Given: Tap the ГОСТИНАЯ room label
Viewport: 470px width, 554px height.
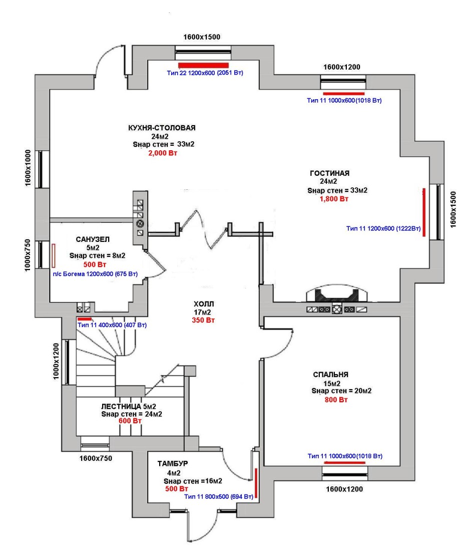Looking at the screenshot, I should [x=329, y=173].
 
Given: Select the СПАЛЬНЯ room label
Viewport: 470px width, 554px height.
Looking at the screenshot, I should [x=330, y=374].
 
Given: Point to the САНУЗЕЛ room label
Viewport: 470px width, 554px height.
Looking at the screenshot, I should [x=93, y=239].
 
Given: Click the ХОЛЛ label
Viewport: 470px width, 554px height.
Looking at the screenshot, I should [x=204, y=304].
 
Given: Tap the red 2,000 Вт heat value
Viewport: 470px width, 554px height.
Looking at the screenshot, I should [x=162, y=153].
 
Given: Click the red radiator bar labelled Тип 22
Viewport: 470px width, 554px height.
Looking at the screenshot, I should [x=204, y=65].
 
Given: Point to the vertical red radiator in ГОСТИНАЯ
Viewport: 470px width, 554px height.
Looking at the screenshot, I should [x=424, y=213].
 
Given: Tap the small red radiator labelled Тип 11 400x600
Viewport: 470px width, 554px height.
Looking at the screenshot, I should [x=84, y=319].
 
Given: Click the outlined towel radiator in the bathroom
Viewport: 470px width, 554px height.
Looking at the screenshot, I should [x=54, y=255].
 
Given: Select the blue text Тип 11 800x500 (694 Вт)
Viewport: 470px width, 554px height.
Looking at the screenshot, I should [x=220, y=496].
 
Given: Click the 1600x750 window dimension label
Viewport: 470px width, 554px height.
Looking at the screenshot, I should [x=95, y=458].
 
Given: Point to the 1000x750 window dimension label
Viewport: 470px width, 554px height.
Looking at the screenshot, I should [x=28, y=255].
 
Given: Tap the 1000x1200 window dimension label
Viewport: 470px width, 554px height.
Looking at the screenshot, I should [x=57, y=360].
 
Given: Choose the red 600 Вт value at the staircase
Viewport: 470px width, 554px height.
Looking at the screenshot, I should [x=130, y=421].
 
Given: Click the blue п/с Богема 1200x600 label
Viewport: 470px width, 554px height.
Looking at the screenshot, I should [x=95, y=273].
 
